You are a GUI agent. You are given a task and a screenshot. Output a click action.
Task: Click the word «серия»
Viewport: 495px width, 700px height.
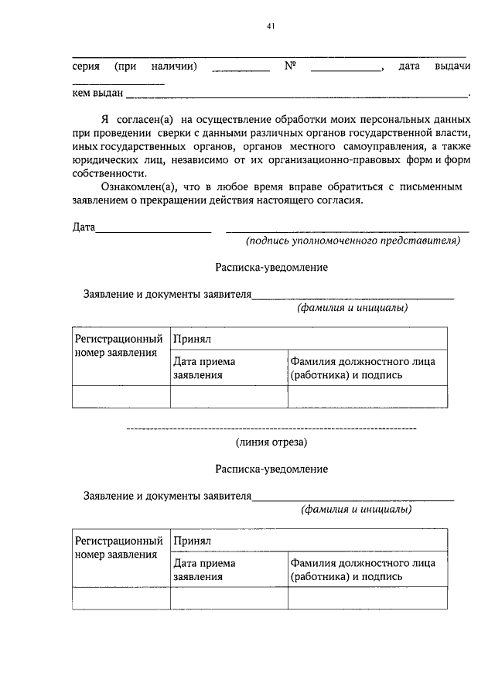point(85,67)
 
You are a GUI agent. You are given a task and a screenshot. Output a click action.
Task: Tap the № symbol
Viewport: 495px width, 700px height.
point(291,67)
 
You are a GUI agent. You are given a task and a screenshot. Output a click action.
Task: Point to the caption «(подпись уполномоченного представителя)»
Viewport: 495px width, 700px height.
point(353,241)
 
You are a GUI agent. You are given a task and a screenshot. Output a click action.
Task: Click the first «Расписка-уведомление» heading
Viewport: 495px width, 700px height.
point(271,268)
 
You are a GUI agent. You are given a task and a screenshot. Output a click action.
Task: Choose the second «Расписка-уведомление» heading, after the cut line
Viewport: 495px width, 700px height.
point(271,469)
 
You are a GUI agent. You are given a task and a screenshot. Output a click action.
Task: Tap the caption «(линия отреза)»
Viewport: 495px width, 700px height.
point(271,442)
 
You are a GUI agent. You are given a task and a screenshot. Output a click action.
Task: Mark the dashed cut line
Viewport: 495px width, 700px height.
point(271,428)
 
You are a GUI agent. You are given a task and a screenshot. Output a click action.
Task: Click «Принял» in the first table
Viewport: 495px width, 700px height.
point(193,339)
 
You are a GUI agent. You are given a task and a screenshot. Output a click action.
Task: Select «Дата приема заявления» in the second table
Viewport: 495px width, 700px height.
point(204,569)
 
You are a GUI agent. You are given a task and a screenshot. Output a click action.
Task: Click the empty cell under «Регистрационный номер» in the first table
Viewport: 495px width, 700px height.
point(121,395)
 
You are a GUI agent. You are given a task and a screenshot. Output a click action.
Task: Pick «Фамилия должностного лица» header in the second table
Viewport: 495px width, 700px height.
point(363,562)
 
